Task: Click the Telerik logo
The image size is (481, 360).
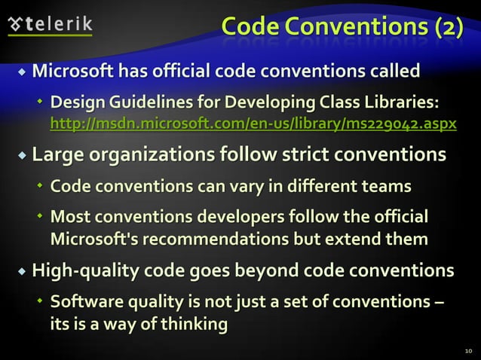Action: click(50, 24)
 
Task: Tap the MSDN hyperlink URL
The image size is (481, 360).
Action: click(253, 122)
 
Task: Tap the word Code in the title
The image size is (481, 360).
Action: click(254, 26)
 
